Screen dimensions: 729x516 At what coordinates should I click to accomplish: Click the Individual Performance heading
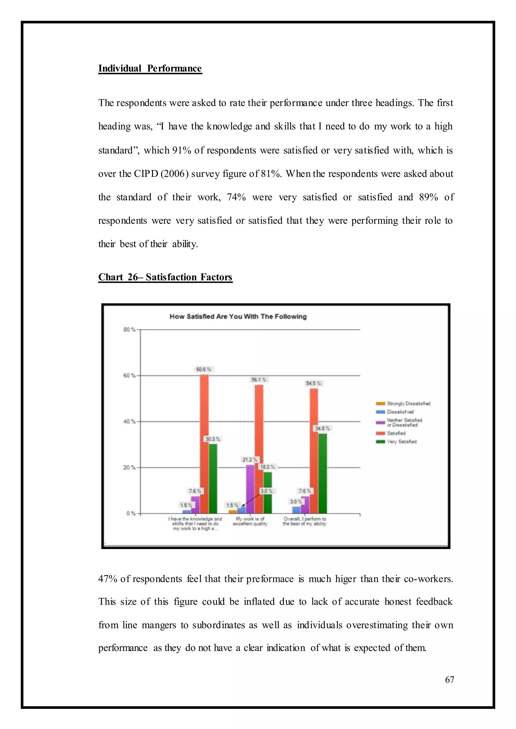point(150,68)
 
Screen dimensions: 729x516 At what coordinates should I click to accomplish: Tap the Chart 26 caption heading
point(165,277)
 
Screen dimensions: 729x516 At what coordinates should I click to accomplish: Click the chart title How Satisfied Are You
point(238,316)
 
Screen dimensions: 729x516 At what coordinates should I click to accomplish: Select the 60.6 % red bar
point(204,445)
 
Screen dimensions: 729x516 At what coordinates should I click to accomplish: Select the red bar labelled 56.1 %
point(259,449)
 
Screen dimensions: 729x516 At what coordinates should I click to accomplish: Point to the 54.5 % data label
point(313,383)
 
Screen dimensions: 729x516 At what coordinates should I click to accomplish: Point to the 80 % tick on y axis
point(129,330)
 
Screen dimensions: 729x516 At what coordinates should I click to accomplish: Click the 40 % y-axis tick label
point(129,421)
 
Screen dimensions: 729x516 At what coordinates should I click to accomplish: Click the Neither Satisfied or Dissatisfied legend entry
point(404,422)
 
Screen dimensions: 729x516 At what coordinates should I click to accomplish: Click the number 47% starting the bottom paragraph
point(108,579)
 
